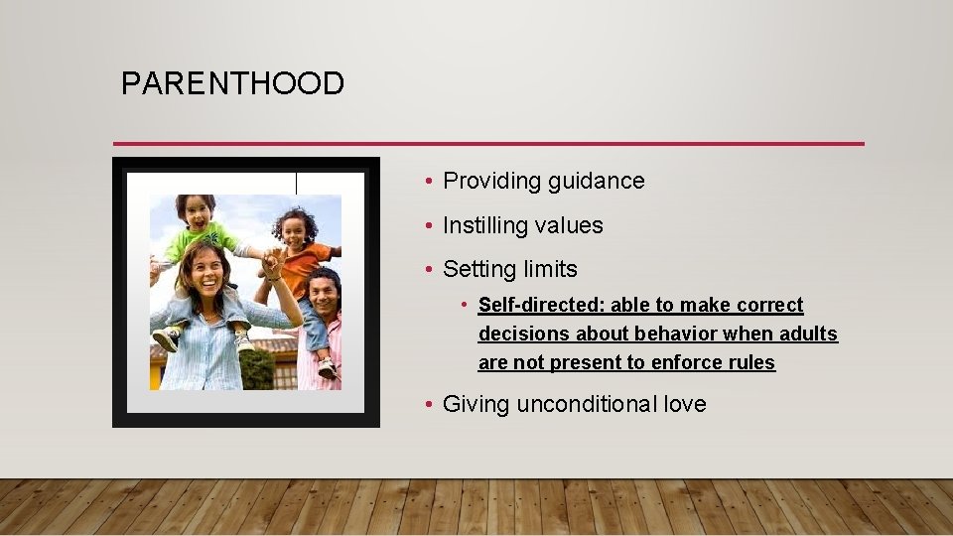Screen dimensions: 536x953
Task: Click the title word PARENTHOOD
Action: point(232,83)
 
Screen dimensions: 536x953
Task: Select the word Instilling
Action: point(484,225)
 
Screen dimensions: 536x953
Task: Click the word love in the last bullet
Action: point(685,404)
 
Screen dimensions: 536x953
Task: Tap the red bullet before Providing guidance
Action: point(427,182)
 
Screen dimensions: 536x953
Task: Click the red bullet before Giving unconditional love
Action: point(427,405)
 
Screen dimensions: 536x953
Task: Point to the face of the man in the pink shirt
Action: point(322,292)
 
